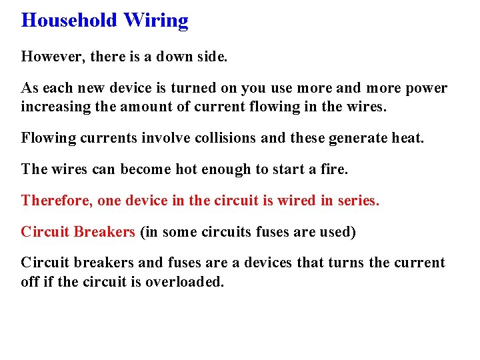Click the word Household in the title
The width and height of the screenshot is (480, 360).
point(69,21)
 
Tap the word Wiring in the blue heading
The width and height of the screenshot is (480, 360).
point(155,21)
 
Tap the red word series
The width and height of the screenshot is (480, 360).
point(359,201)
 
